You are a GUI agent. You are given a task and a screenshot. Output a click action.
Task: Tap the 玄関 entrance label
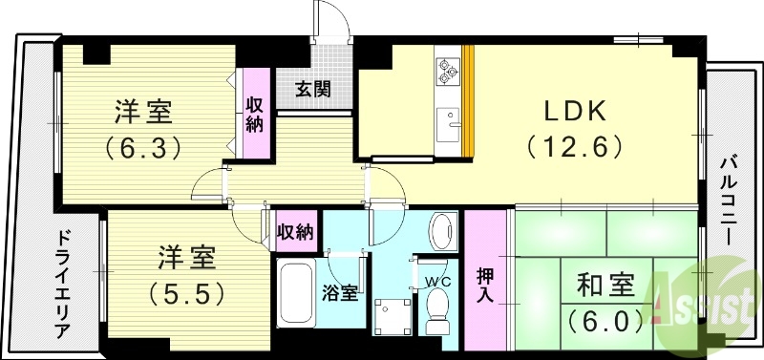[312, 90]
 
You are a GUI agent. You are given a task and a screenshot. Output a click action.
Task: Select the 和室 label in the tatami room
[605, 286]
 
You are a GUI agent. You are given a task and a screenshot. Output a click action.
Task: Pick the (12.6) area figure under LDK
[574, 146]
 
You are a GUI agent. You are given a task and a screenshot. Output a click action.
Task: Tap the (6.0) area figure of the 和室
[605, 320]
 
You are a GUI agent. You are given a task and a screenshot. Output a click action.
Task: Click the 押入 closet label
[485, 283]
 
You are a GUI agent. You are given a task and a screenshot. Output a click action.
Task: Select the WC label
[437, 283]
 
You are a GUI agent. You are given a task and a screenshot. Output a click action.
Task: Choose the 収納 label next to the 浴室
[295, 232]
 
